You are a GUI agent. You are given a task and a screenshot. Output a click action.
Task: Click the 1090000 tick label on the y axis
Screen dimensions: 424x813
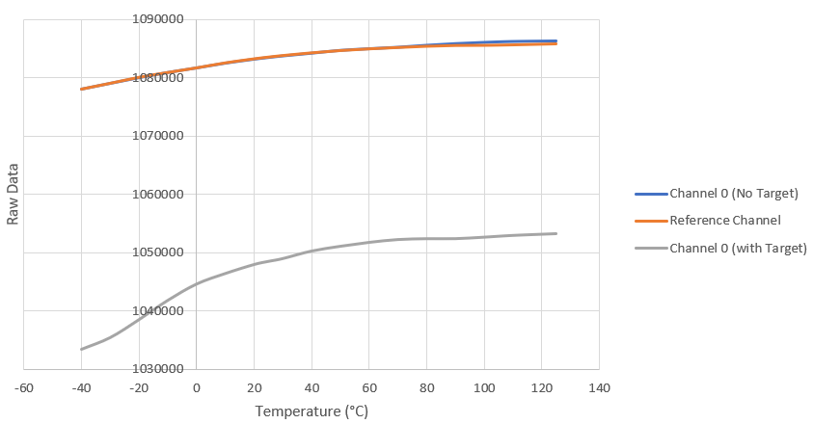pos(159,19)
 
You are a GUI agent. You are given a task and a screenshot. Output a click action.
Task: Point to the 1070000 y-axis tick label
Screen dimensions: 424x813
pos(159,136)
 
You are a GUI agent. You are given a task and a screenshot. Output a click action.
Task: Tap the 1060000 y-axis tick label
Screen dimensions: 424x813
pos(159,195)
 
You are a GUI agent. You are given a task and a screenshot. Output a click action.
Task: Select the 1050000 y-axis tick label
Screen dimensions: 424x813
pos(159,252)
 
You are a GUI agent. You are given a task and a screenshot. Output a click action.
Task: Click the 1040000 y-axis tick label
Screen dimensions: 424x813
pos(159,311)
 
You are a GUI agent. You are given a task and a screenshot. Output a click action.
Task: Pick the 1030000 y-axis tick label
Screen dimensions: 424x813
pos(159,369)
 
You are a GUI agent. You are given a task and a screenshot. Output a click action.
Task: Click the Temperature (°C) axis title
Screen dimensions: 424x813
pos(312,411)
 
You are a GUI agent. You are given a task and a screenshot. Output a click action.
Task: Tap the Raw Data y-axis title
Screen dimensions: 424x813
pos(14,195)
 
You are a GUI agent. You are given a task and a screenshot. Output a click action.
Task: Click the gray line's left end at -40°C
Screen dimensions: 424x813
pos(81,349)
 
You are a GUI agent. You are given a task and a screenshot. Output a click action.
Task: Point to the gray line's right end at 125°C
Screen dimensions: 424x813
pos(556,233)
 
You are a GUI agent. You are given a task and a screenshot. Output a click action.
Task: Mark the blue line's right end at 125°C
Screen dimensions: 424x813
pos(556,40)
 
